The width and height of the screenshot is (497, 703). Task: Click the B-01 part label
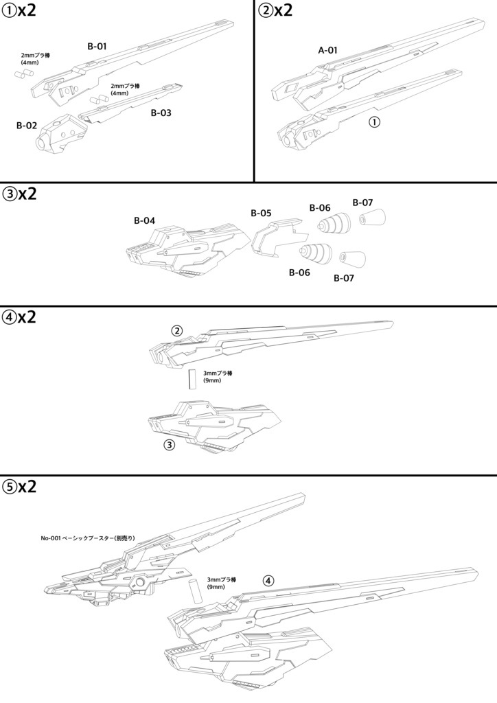click(x=97, y=46)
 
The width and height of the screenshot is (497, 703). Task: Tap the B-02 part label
click(x=27, y=126)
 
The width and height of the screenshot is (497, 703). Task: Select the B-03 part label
click(x=161, y=113)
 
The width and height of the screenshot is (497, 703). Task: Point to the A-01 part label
click(x=328, y=50)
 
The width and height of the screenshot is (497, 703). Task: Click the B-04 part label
click(x=144, y=220)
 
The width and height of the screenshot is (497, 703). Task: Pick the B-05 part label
click(x=261, y=213)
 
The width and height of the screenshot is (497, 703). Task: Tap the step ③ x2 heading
click(x=20, y=194)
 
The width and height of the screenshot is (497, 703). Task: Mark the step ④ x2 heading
click(x=20, y=318)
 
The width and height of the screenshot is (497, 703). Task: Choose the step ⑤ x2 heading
click(x=20, y=487)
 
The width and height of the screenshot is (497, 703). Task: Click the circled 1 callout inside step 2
click(x=374, y=122)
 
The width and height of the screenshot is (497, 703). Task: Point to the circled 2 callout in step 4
click(x=177, y=331)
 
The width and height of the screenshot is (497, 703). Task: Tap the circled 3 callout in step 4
click(x=170, y=445)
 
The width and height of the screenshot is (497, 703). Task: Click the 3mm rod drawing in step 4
click(x=193, y=379)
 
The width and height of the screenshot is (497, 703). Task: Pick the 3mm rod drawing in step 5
click(x=194, y=591)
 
